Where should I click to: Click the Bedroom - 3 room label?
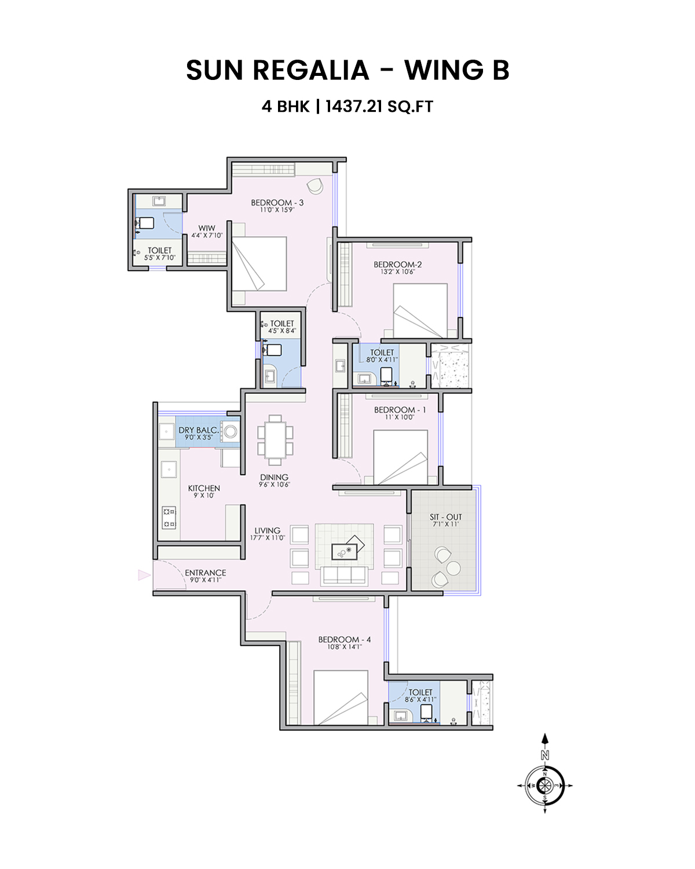tap(277, 203)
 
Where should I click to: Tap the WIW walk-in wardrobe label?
tap(206, 228)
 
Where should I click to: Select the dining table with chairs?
tap(275, 440)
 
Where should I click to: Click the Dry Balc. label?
tap(198, 430)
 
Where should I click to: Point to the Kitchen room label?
tap(204, 488)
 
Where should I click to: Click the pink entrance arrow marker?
tap(144, 575)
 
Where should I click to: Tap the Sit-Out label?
tap(445, 517)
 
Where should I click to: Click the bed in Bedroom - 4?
tap(341, 698)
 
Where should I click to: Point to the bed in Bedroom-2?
tap(420, 310)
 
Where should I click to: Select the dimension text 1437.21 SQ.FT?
tap(379, 107)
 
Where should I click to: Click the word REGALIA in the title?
tap(310, 71)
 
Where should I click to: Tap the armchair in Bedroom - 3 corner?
tap(315, 186)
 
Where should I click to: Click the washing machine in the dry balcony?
tap(231, 431)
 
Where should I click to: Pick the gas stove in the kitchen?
tap(169, 517)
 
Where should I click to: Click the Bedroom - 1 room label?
tap(400, 410)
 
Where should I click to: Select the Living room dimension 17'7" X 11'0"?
tap(267, 538)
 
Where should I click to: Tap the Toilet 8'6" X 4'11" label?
tap(420, 695)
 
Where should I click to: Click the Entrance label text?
tap(205, 572)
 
